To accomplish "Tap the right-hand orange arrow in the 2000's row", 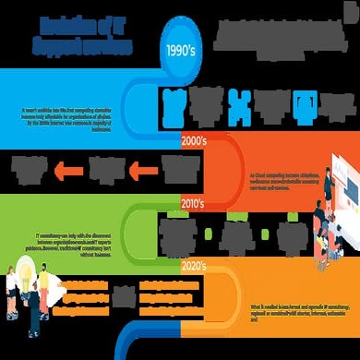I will click(x=136, y=169).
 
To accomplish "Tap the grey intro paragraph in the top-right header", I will click(x=275, y=36).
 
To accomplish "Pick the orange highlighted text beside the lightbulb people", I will click(x=90, y=294).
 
